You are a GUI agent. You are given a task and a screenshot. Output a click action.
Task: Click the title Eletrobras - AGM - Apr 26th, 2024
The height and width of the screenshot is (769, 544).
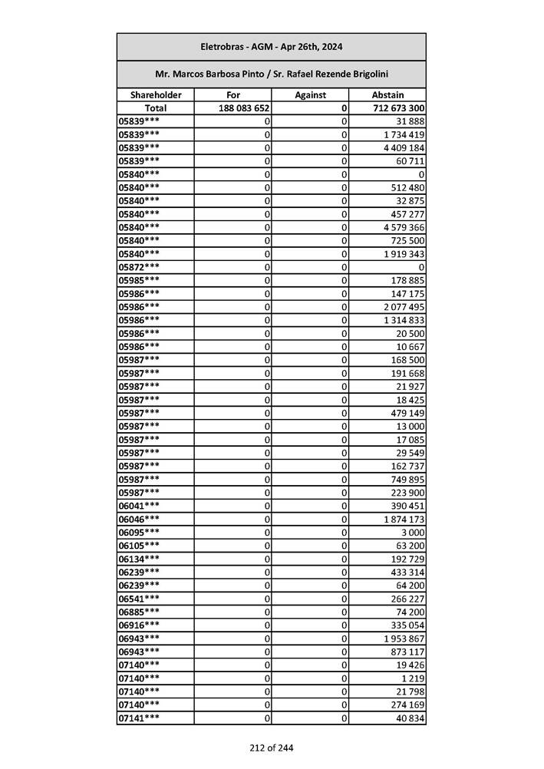click(271, 47)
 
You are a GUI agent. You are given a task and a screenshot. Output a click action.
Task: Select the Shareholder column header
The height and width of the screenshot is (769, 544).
click(156, 95)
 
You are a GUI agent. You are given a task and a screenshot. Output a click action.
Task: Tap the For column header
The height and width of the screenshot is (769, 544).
click(233, 95)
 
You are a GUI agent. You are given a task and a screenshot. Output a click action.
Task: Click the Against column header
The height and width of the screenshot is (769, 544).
click(311, 95)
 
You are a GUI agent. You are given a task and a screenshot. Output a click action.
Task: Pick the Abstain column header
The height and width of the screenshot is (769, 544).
click(387, 95)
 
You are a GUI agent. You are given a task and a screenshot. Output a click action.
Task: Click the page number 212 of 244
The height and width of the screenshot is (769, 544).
click(271, 748)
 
